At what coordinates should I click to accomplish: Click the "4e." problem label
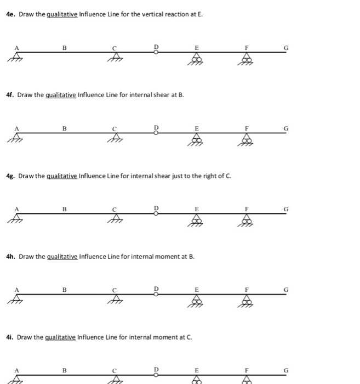(11, 13)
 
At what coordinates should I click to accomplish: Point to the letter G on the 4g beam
(285, 209)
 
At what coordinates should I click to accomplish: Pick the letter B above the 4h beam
(64, 289)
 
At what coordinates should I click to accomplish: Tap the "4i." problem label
(10, 337)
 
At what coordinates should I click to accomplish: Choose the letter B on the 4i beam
(64, 370)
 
